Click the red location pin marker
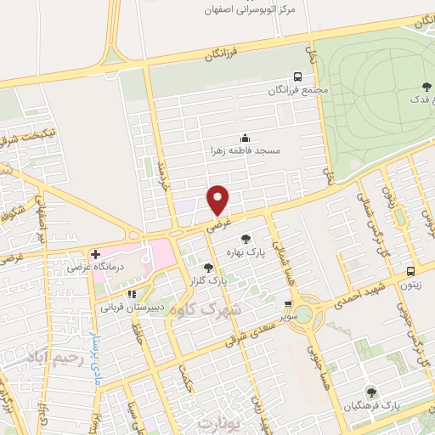pos(219,200)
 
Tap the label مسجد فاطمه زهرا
pos(246,150)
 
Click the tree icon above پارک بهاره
pos(246,240)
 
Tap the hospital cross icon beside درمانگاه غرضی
pos(95,254)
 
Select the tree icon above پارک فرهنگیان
pos(370,391)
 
